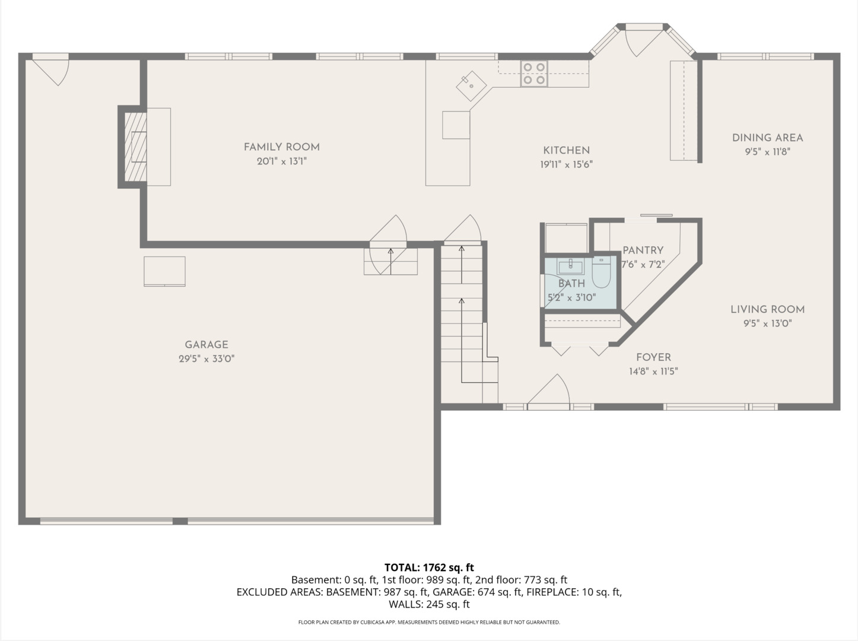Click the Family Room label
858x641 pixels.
[x=281, y=147]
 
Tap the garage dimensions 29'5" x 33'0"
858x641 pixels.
[x=206, y=358]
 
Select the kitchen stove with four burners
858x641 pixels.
[x=534, y=74]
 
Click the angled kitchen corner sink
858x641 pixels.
[x=471, y=86]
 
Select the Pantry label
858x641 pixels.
[x=643, y=250]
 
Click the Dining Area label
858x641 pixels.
[x=767, y=138]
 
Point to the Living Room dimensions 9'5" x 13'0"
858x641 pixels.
[x=767, y=323]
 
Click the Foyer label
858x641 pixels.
[x=653, y=357]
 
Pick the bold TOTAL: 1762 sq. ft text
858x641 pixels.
[x=429, y=567]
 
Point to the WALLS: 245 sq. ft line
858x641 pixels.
[x=429, y=604]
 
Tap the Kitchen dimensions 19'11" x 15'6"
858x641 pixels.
[x=566, y=164]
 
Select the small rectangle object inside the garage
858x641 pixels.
[x=164, y=271]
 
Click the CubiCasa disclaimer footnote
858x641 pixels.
[x=429, y=622]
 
